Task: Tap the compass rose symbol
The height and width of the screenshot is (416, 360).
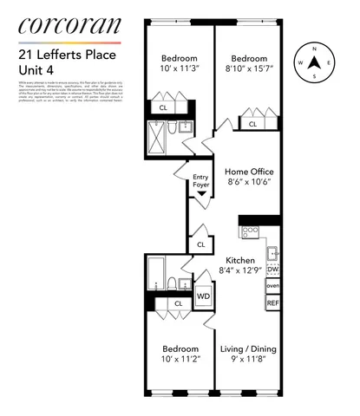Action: coord(315,63)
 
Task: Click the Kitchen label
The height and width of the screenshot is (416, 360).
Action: coord(239,261)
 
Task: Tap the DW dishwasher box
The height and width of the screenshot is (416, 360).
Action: coord(272,270)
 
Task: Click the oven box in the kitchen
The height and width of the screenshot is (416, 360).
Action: coord(272,286)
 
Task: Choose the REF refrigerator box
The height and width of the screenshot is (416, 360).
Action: coord(272,303)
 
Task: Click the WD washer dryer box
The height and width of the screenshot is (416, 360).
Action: coord(203,296)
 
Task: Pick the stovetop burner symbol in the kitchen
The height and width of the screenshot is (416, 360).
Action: coord(250,231)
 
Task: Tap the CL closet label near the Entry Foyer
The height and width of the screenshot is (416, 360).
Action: coord(200,245)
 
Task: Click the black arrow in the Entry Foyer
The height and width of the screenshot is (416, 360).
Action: coord(202,194)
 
